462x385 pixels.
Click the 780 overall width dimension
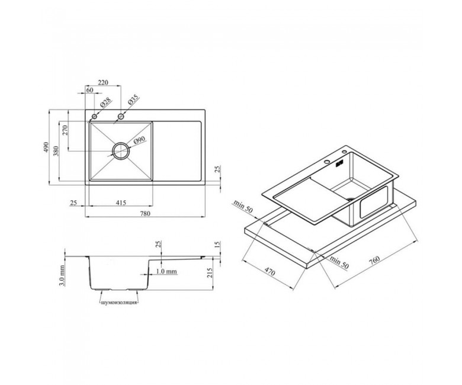pos(145,214)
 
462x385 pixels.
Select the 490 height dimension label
pos(46,147)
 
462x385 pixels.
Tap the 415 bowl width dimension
pos(121,203)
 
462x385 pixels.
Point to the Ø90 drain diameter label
pos(140,141)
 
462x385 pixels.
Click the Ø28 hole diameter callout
pos(105,102)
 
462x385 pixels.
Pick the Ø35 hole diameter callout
pos(133,100)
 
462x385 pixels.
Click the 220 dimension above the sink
pos(103,82)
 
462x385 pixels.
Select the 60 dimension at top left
pos(89,90)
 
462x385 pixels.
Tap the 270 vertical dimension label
pos(65,130)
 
